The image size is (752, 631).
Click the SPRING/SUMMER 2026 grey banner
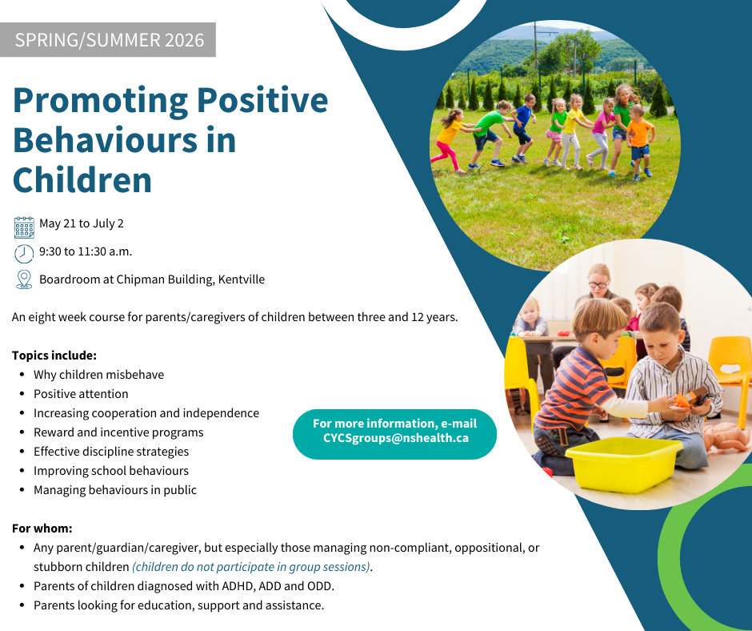[108, 40]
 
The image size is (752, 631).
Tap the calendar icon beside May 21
[24, 227]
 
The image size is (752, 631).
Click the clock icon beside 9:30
[24, 254]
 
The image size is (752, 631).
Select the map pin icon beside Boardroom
[24, 279]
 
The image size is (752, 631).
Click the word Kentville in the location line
[242, 279]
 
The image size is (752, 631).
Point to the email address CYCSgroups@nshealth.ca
[396, 438]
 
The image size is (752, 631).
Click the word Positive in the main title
[262, 100]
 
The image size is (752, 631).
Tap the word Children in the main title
[82, 180]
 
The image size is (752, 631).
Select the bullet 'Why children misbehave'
[98, 375]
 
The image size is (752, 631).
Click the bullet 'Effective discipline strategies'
[111, 452]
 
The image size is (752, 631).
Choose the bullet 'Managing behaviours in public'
[115, 490]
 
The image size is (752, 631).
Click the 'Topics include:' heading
[54, 356]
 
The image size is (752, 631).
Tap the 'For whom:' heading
[42, 529]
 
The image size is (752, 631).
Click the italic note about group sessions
[251, 567]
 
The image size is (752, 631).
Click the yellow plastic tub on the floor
[623, 464]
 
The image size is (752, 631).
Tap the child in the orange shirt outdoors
[639, 143]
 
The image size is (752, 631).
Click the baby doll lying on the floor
[726, 436]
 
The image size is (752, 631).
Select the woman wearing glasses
[597, 287]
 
